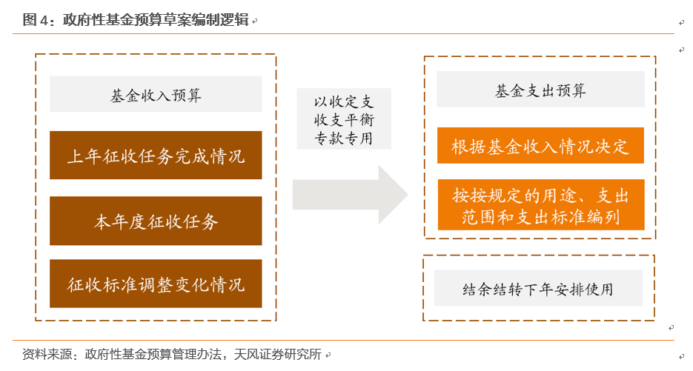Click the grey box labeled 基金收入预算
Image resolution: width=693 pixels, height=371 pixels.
click(x=156, y=94)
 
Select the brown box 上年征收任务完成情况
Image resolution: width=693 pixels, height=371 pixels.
click(x=156, y=155)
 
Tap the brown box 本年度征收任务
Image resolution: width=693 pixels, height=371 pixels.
click(x=156, y=221)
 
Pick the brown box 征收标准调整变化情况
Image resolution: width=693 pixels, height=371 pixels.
click(x=156, y=284)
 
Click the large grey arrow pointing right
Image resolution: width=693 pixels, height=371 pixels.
click(x=350, y=195)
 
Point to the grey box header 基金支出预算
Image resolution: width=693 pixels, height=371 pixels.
click(x=540, y=89)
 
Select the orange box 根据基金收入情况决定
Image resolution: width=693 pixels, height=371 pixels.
click(x=540, y=146)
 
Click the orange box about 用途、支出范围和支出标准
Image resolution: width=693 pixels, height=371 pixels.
click(x=541, y=205)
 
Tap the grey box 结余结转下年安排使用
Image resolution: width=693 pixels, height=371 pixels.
click(x=538, y=288)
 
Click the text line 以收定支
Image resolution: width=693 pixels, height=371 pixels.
click(x=344, y=101)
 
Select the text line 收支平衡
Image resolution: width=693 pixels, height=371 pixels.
click(x=344, y=120)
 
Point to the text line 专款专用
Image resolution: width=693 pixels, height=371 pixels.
click(x=344, y=138)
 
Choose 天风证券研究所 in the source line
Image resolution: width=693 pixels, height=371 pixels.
click(x=277, y=354)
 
